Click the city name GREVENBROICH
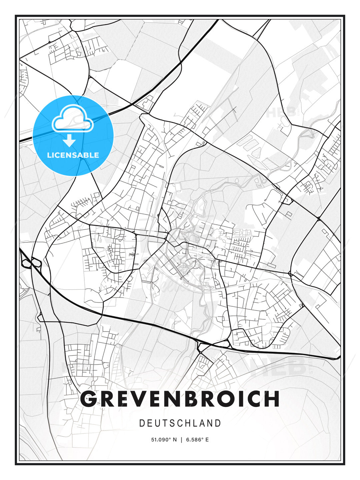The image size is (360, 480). click(x=180, y=398)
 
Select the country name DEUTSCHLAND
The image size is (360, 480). click(x=180, y=423)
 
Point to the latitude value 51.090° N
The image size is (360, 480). click(x=164, y=440)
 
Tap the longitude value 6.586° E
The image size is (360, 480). click(x=197, y=440)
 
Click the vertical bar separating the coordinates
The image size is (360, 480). click(x=181, y=440)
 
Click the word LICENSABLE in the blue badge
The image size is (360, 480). click(x=73, y=155)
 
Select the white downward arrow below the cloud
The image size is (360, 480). click(x=69, y=141)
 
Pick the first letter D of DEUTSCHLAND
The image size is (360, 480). click(x=142, y=423)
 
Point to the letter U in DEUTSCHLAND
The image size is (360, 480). click(x=158, y=423)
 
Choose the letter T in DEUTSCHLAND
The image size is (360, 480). click(x=166, y=423)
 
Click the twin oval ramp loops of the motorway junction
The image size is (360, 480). click(x=31, y=263)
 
